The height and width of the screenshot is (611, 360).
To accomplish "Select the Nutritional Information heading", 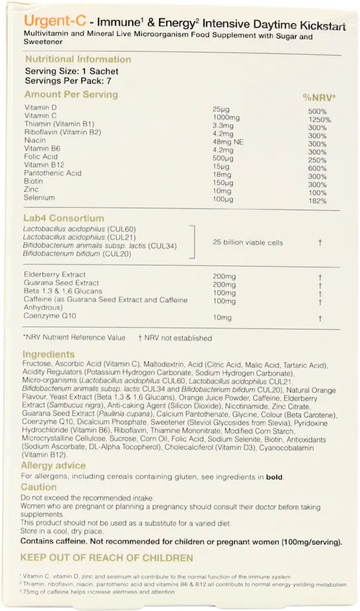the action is [78, 59].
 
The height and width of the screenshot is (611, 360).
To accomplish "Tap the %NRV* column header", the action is [319, 98].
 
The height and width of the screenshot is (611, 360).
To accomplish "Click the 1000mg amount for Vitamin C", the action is [225, 117].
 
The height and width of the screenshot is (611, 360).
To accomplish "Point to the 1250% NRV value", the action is [319, 120].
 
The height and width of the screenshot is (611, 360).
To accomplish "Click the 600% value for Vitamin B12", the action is [318, 169].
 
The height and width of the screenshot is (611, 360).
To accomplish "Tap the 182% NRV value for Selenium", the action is [318, 201].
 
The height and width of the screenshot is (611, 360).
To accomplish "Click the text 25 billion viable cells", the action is [247, 243].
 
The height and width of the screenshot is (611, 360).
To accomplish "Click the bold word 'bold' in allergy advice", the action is [274, 477].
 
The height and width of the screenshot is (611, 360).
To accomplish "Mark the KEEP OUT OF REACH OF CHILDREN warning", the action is [107, 558].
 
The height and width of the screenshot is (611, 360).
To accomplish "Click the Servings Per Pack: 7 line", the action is [68, 80].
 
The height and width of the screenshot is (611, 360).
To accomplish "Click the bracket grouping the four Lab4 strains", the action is [193, 241].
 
